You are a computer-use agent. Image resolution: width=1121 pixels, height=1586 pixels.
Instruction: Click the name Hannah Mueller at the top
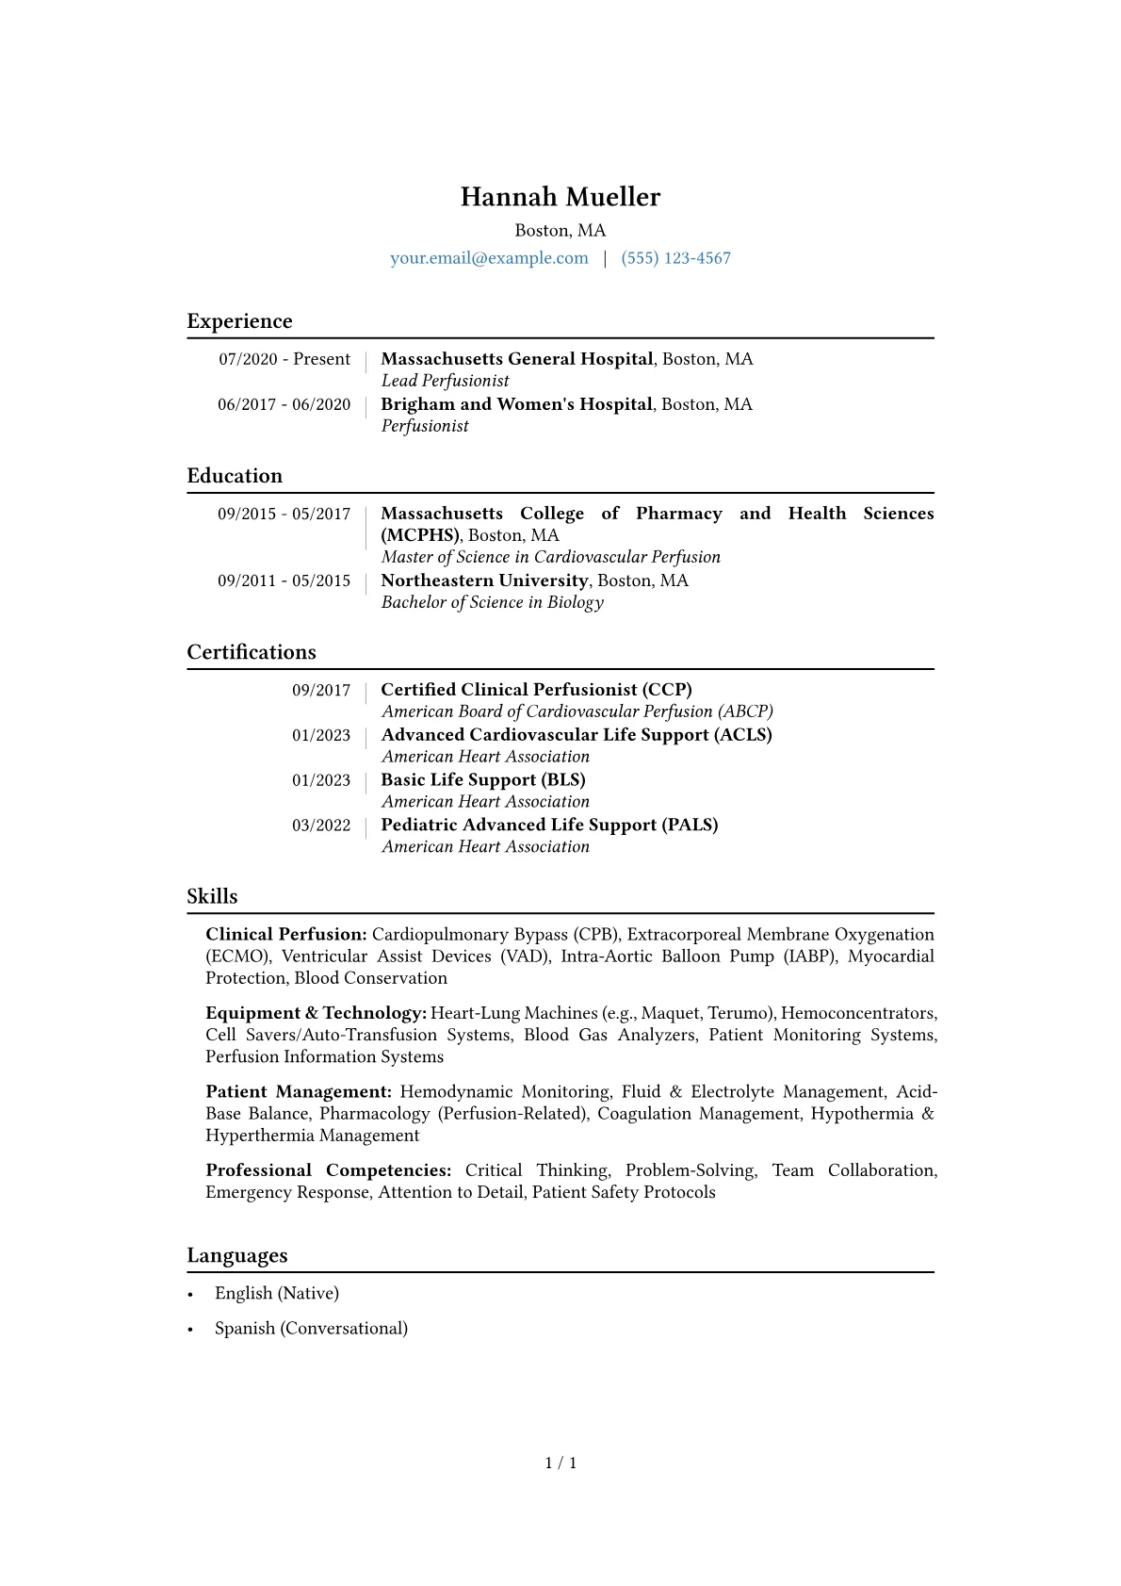coord(560,197)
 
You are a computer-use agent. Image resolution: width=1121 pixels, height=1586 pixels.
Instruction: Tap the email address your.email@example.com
coord(489,258)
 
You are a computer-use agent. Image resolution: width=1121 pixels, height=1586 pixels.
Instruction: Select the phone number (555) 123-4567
coord(675,258)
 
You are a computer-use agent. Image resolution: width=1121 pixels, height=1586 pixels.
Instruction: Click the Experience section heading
coord(239,321)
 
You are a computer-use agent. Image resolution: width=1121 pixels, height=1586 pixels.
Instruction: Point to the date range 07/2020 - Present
coord(284,359)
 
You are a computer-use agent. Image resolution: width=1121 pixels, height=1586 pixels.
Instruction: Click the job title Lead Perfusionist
coord(445,381)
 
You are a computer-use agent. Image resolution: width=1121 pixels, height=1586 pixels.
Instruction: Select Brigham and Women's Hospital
coord(516,404)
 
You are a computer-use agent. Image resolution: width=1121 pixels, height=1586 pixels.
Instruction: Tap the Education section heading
coord(235,476)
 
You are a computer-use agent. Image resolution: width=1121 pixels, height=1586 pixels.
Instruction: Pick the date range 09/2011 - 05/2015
coord(284,580)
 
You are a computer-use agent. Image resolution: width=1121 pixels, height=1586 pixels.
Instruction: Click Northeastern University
coord(484,580)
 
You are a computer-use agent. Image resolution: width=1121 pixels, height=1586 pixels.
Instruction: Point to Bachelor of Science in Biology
coord(492,602)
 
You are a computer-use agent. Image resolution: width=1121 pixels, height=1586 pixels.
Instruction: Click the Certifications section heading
coord(252,652)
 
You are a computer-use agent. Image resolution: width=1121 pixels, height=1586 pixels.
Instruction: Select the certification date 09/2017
coord(320,690)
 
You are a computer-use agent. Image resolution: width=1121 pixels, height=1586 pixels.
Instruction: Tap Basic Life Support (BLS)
coord(482,780)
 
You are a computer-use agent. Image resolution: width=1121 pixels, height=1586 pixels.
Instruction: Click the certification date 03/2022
coord(320,826)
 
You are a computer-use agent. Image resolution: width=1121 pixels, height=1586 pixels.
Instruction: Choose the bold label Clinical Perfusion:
coord(285,935)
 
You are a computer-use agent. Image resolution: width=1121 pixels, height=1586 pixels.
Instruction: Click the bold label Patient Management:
coord(299,1092)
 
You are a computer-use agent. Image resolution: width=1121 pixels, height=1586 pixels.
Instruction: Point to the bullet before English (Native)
coord(190,1295)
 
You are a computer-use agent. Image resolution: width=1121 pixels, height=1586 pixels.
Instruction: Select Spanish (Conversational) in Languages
coord(311,1329)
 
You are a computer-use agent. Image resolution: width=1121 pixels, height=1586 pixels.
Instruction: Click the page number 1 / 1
coord(560,1463)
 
